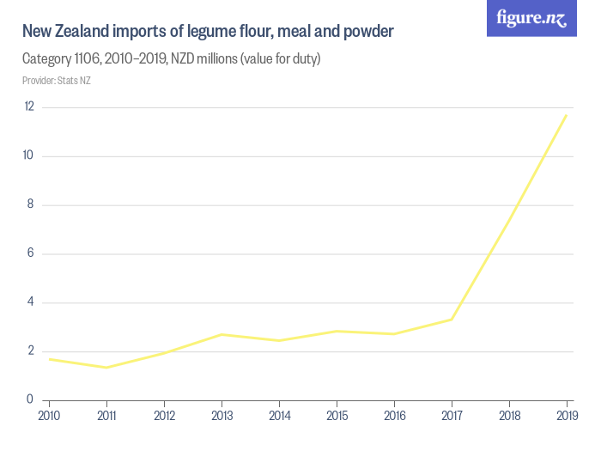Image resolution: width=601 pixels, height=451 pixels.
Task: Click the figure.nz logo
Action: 531,18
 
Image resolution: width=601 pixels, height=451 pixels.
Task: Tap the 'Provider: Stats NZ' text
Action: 56,81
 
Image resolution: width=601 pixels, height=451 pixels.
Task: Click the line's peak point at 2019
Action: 567,115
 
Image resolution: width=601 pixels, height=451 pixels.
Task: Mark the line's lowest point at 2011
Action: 106,368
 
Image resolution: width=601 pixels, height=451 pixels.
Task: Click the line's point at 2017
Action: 452,320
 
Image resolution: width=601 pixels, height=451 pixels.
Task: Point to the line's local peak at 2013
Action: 222,334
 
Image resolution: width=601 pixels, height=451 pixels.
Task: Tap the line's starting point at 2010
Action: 49,359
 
